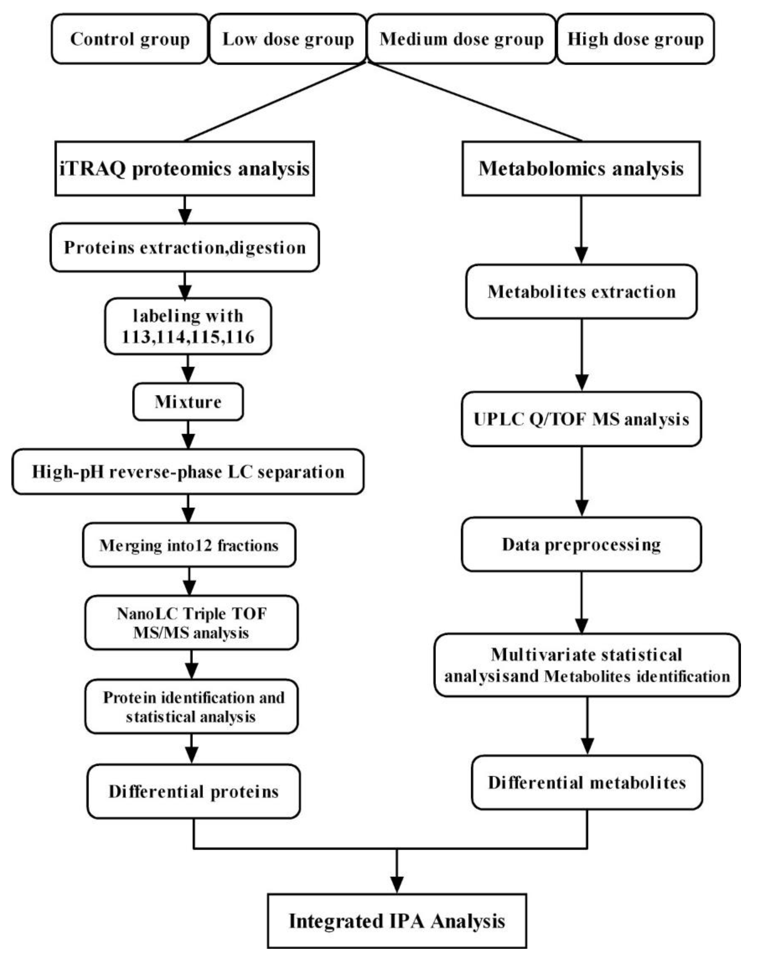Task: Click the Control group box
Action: coord(129,39)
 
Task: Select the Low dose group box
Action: coord(288,39)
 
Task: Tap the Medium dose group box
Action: coord(461,39)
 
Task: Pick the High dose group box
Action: coord(635,39)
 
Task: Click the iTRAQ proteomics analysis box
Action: coord(184,169)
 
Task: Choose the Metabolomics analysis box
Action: coord(581,169)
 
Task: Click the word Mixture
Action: coord(188,402)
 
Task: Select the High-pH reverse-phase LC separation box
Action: coord(188,472)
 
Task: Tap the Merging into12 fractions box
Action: coord(189,545)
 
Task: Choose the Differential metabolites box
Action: coord(587,782)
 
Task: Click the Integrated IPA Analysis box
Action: coord(397,921)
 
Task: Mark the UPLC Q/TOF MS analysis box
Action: coord(581,419)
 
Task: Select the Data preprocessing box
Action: coord(581,544)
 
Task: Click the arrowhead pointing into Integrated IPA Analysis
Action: coord(397,885)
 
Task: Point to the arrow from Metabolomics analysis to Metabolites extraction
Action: coord(581,231)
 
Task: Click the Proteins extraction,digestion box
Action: coord(184,247)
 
